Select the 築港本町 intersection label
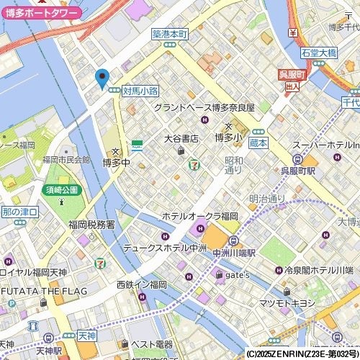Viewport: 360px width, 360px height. (x=170, y=34)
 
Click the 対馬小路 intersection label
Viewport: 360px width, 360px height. (x=140, y=91)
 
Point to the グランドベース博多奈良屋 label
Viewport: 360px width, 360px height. (x=204, y=107)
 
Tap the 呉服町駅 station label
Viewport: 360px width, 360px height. (x=298, y=171)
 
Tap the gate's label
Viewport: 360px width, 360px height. (x=238, y=274)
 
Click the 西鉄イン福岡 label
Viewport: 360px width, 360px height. (x=141, y=284)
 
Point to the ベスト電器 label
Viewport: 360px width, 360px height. (x=156, y=344)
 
